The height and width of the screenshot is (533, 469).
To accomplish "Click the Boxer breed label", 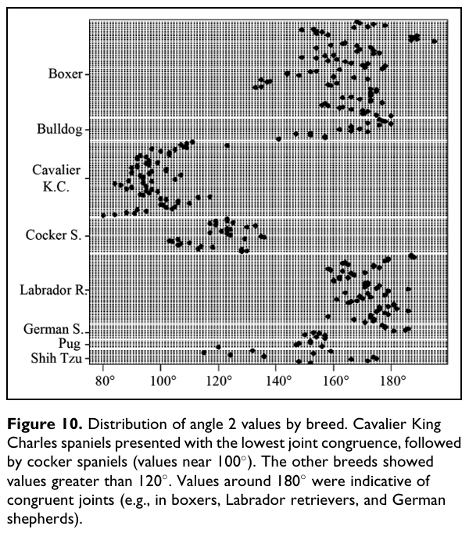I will [x=64, y=75].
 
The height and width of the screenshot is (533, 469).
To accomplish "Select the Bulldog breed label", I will [x=59, y=129].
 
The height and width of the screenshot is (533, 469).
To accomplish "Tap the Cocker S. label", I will [x=53, y=234].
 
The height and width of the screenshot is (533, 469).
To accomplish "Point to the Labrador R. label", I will [x=52, y=290].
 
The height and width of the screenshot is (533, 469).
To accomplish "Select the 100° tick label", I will [x=163, y=383].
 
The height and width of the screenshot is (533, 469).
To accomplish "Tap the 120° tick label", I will [x=220, y=383].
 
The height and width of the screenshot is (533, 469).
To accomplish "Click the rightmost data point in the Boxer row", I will [x=435, y=41].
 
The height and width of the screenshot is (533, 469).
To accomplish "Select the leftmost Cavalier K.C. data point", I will [x=103, y=215].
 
